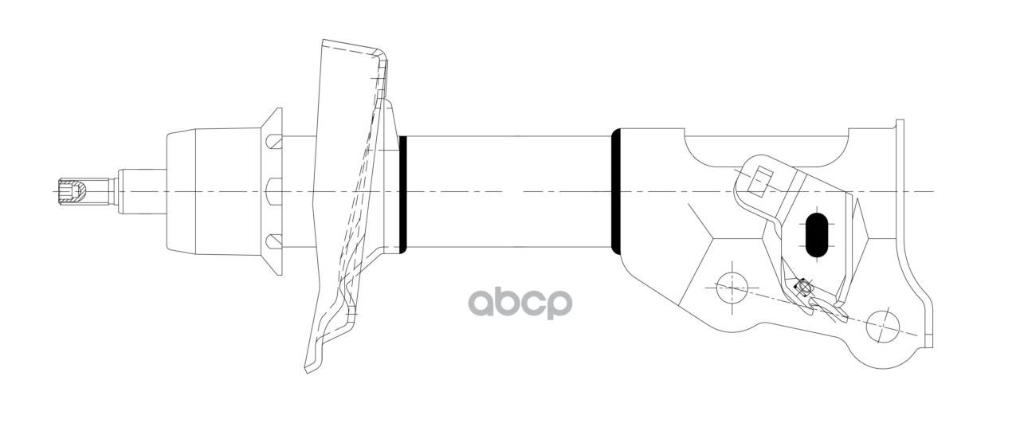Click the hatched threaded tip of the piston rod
pos(74,191)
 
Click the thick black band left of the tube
pos(403,193)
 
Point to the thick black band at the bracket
pos(616,191)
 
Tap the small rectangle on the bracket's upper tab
pos(763,182)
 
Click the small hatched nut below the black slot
pos(803,288)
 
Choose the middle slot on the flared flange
pos(272,191)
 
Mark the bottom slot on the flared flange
pos(273,240)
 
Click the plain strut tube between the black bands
pos(510,191)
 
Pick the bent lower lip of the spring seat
pos(319,351)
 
